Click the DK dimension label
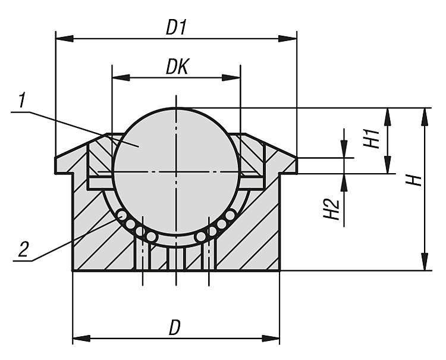(x=177, y=67)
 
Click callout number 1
(x=22, y=101)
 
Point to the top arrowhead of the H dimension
(x=424, y=116)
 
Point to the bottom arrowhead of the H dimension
(x=424, y=262)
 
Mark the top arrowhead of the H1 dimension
(x=387, y=116)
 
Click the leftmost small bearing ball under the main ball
(x=121, y=215)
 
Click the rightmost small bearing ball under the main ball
(x=230, y=215)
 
